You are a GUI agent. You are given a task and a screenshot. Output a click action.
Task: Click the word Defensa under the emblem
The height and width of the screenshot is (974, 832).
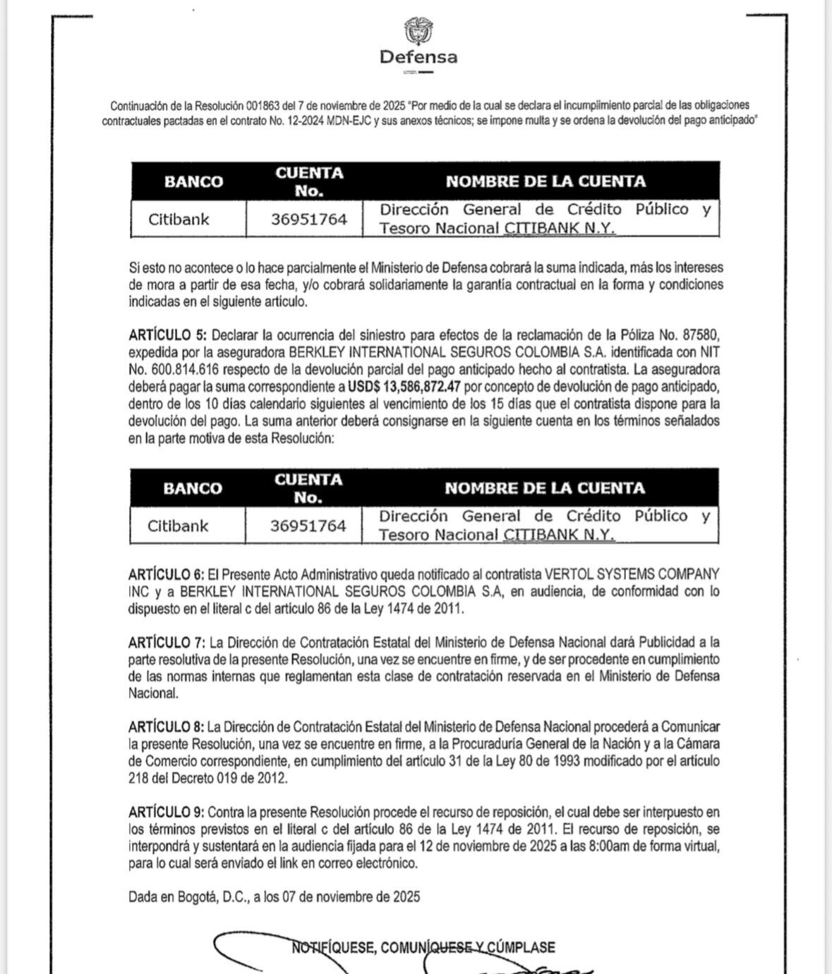coord(418,56)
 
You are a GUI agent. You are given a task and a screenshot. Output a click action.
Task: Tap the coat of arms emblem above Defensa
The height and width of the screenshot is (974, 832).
coord(418,31)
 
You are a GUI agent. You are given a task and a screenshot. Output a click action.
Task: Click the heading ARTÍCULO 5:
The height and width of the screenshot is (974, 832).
coord(168,335)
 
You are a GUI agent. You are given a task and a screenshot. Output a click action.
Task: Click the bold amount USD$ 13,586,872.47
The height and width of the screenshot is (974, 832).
coord(404,387)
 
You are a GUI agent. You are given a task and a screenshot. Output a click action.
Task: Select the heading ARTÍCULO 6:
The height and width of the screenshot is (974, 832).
coord(167,574)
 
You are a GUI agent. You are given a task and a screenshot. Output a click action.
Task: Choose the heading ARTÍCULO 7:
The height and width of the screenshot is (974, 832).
coord(167,642)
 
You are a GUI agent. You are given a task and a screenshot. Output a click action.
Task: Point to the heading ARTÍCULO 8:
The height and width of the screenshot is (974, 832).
coord(167,727)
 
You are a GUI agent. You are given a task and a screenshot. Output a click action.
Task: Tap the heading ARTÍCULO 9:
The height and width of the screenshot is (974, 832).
coord(167,812)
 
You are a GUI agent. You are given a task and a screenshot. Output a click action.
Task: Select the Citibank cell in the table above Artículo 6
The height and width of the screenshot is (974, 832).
coord(178,526)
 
